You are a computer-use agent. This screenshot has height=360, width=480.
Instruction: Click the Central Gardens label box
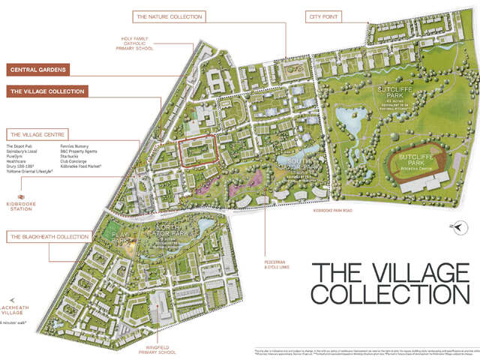47,70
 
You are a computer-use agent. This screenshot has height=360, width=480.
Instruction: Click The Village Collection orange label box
47,91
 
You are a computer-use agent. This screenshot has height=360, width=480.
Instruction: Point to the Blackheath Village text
17,311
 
